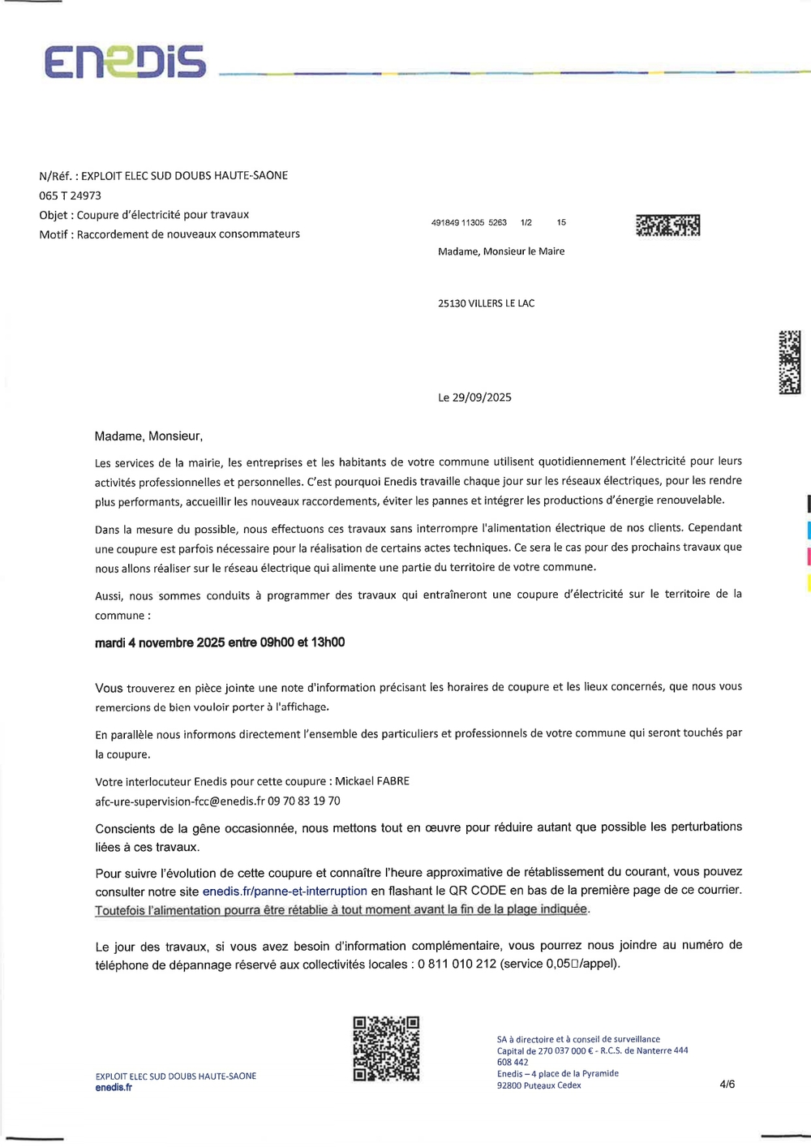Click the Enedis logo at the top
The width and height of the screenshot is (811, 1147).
point(125,62)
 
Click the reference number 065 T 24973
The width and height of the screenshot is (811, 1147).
point(71,195)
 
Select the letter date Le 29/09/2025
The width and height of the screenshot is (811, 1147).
point(474,397)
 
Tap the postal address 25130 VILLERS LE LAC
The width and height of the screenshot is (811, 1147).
point(486,303)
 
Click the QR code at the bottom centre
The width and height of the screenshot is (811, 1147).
point(386,1048)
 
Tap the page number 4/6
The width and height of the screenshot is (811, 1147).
point(727,1084)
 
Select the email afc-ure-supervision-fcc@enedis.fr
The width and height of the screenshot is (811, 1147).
point(180,801)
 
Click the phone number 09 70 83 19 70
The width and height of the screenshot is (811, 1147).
point(304,801)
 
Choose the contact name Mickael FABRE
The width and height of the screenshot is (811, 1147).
point(372,781)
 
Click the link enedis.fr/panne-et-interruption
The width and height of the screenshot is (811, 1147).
point(285,891)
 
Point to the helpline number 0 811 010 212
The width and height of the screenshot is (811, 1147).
point(457,964)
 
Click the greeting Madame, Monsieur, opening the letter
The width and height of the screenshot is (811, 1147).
point(148,436)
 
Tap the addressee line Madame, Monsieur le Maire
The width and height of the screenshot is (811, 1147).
point(501,251)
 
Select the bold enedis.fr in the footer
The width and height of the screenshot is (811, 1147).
point(114,1088)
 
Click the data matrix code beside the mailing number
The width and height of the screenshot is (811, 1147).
point(667,225)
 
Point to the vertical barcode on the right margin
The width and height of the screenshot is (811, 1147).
point(789,362)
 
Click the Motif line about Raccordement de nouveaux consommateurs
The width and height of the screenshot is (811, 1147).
point(169,234)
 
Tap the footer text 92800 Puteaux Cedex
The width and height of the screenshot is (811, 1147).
point(539,1085)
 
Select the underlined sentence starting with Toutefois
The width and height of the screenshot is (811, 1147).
point(341,910)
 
